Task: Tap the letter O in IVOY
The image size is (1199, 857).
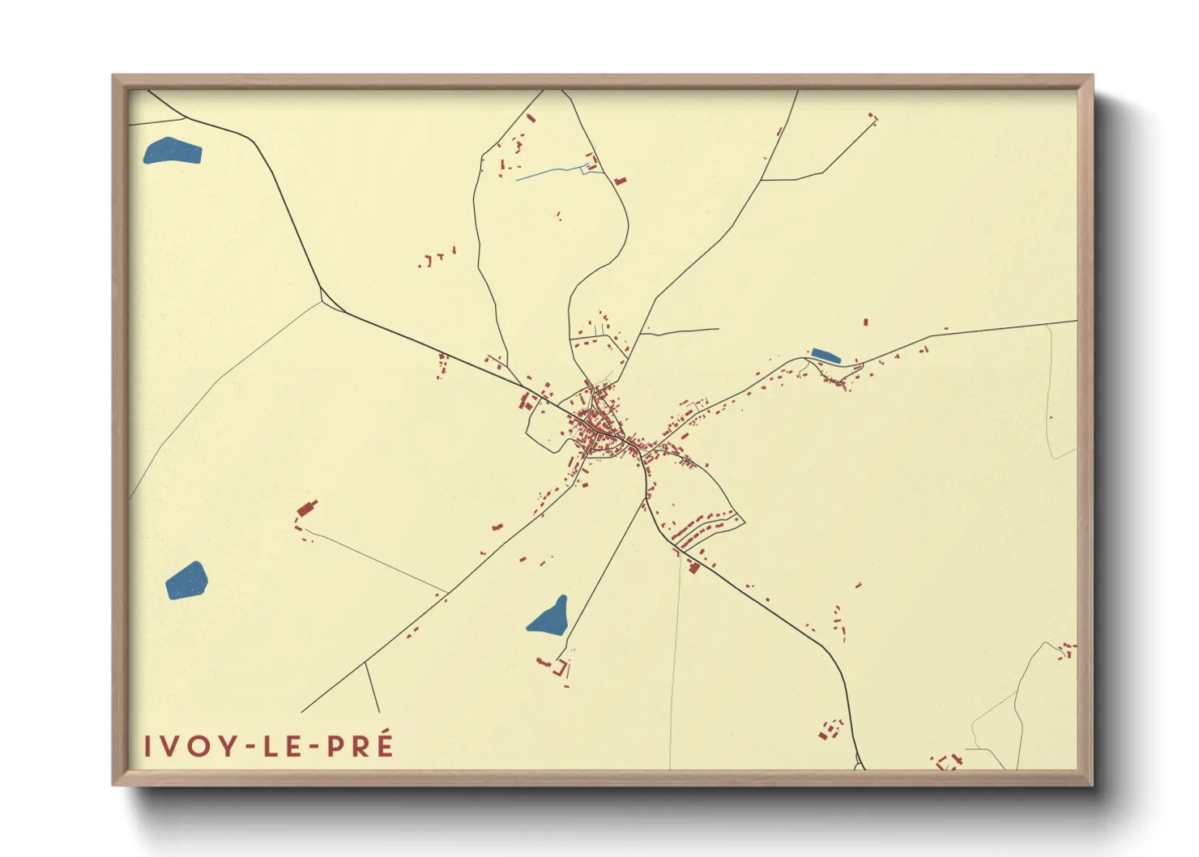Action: click(x=198, y=746)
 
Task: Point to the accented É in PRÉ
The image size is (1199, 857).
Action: click(x=383, y=744)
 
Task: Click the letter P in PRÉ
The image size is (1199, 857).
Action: click(x=335, y=746)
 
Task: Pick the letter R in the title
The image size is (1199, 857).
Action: click(x=360, y=746)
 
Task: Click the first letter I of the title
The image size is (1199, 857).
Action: click(x=147, y=746)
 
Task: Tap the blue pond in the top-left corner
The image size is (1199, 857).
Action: click(x=172, y=151)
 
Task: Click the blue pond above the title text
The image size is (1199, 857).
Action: click(x=186, y=580)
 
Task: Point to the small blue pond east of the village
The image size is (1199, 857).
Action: click(x=826, y=356)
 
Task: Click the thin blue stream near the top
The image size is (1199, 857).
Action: click(x=551, y=172)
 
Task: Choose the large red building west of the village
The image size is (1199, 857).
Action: click(x=306, y=509)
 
